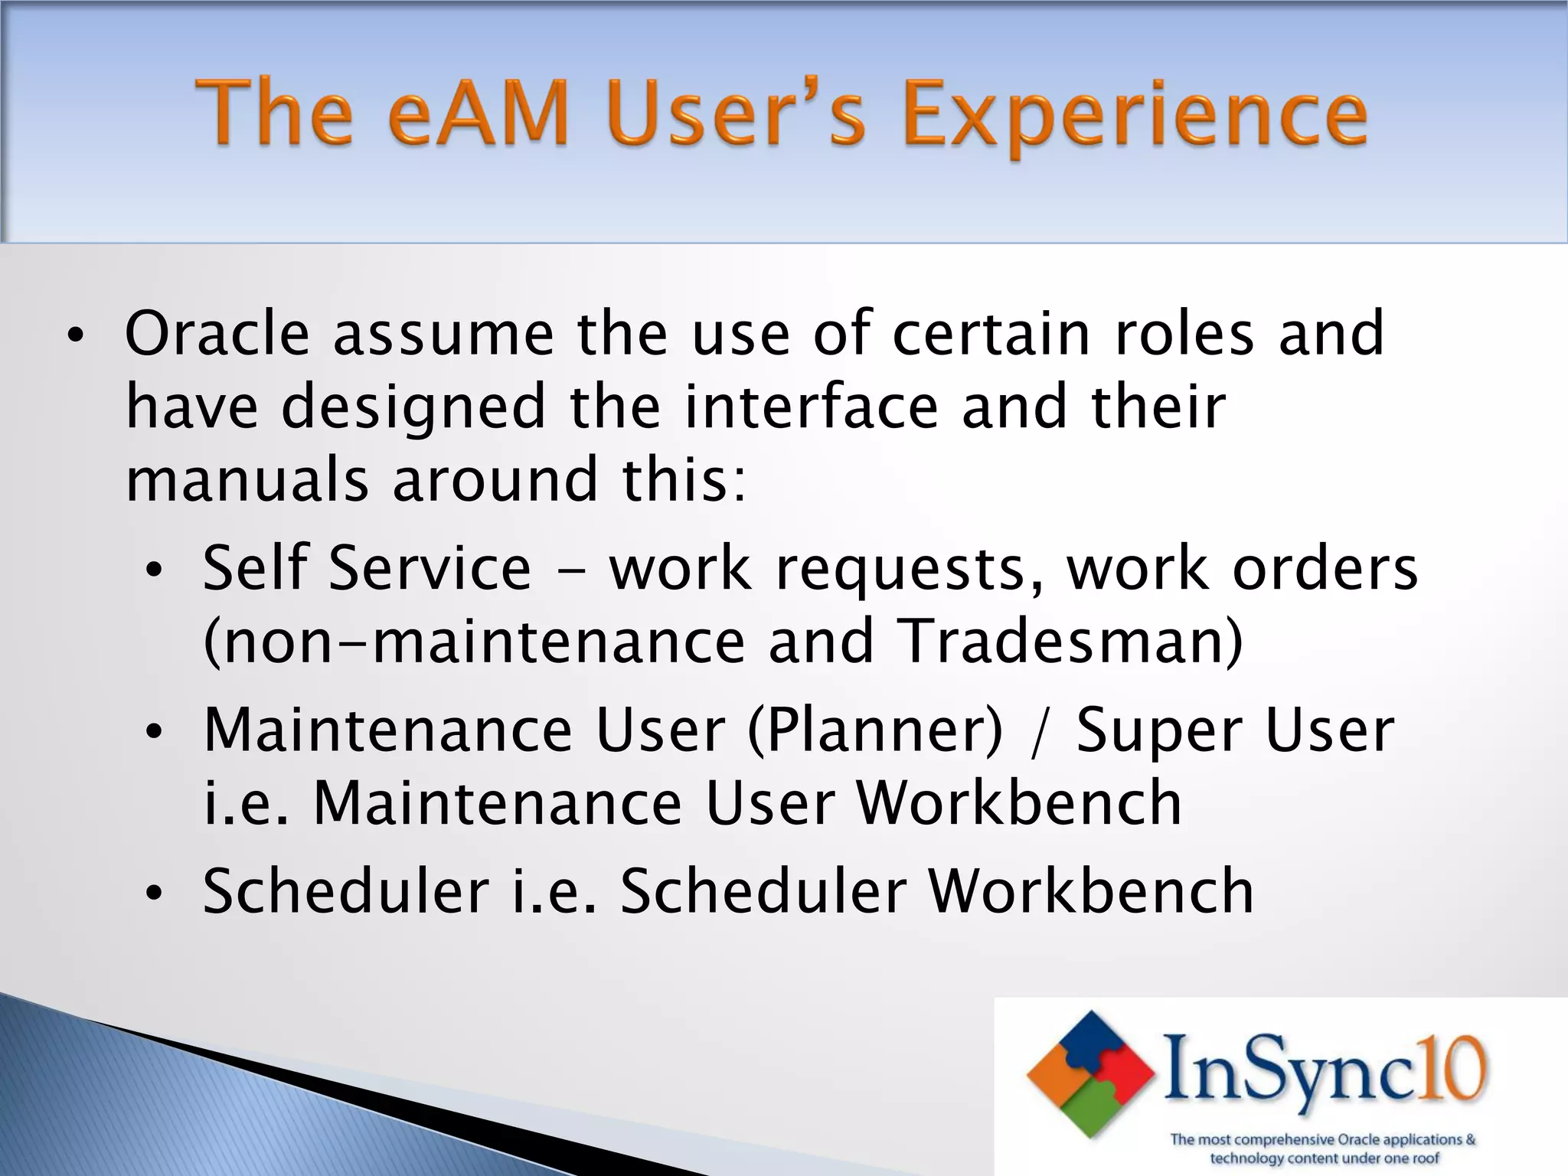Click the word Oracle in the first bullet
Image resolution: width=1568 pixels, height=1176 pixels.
[x=217, y=334]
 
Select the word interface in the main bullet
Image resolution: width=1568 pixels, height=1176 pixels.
[x=811, y=407]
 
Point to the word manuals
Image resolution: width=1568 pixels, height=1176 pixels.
[x=247, y=480]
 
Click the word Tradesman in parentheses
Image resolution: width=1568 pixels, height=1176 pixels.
[x=1069, y=641]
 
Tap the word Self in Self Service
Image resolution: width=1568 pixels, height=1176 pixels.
[x=254, y=567]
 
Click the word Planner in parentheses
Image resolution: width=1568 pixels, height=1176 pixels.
[x=874, y=730]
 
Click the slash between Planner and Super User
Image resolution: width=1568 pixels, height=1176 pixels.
[x=1038, y=732]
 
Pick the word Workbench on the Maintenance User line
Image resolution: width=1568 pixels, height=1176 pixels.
[x=1018, y=803]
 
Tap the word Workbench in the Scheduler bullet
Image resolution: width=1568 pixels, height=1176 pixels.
[x=1090, y=891]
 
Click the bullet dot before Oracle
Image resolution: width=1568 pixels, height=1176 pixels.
[x=74, y=337]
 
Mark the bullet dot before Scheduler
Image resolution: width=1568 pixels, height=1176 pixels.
[x=154, y=893]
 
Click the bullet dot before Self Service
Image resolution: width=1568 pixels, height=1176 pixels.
[x=154, y=570]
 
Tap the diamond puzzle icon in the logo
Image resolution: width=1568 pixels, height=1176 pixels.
[x=1090, y=1073]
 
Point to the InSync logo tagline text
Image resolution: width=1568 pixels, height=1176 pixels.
[x=1323, y=1148]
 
